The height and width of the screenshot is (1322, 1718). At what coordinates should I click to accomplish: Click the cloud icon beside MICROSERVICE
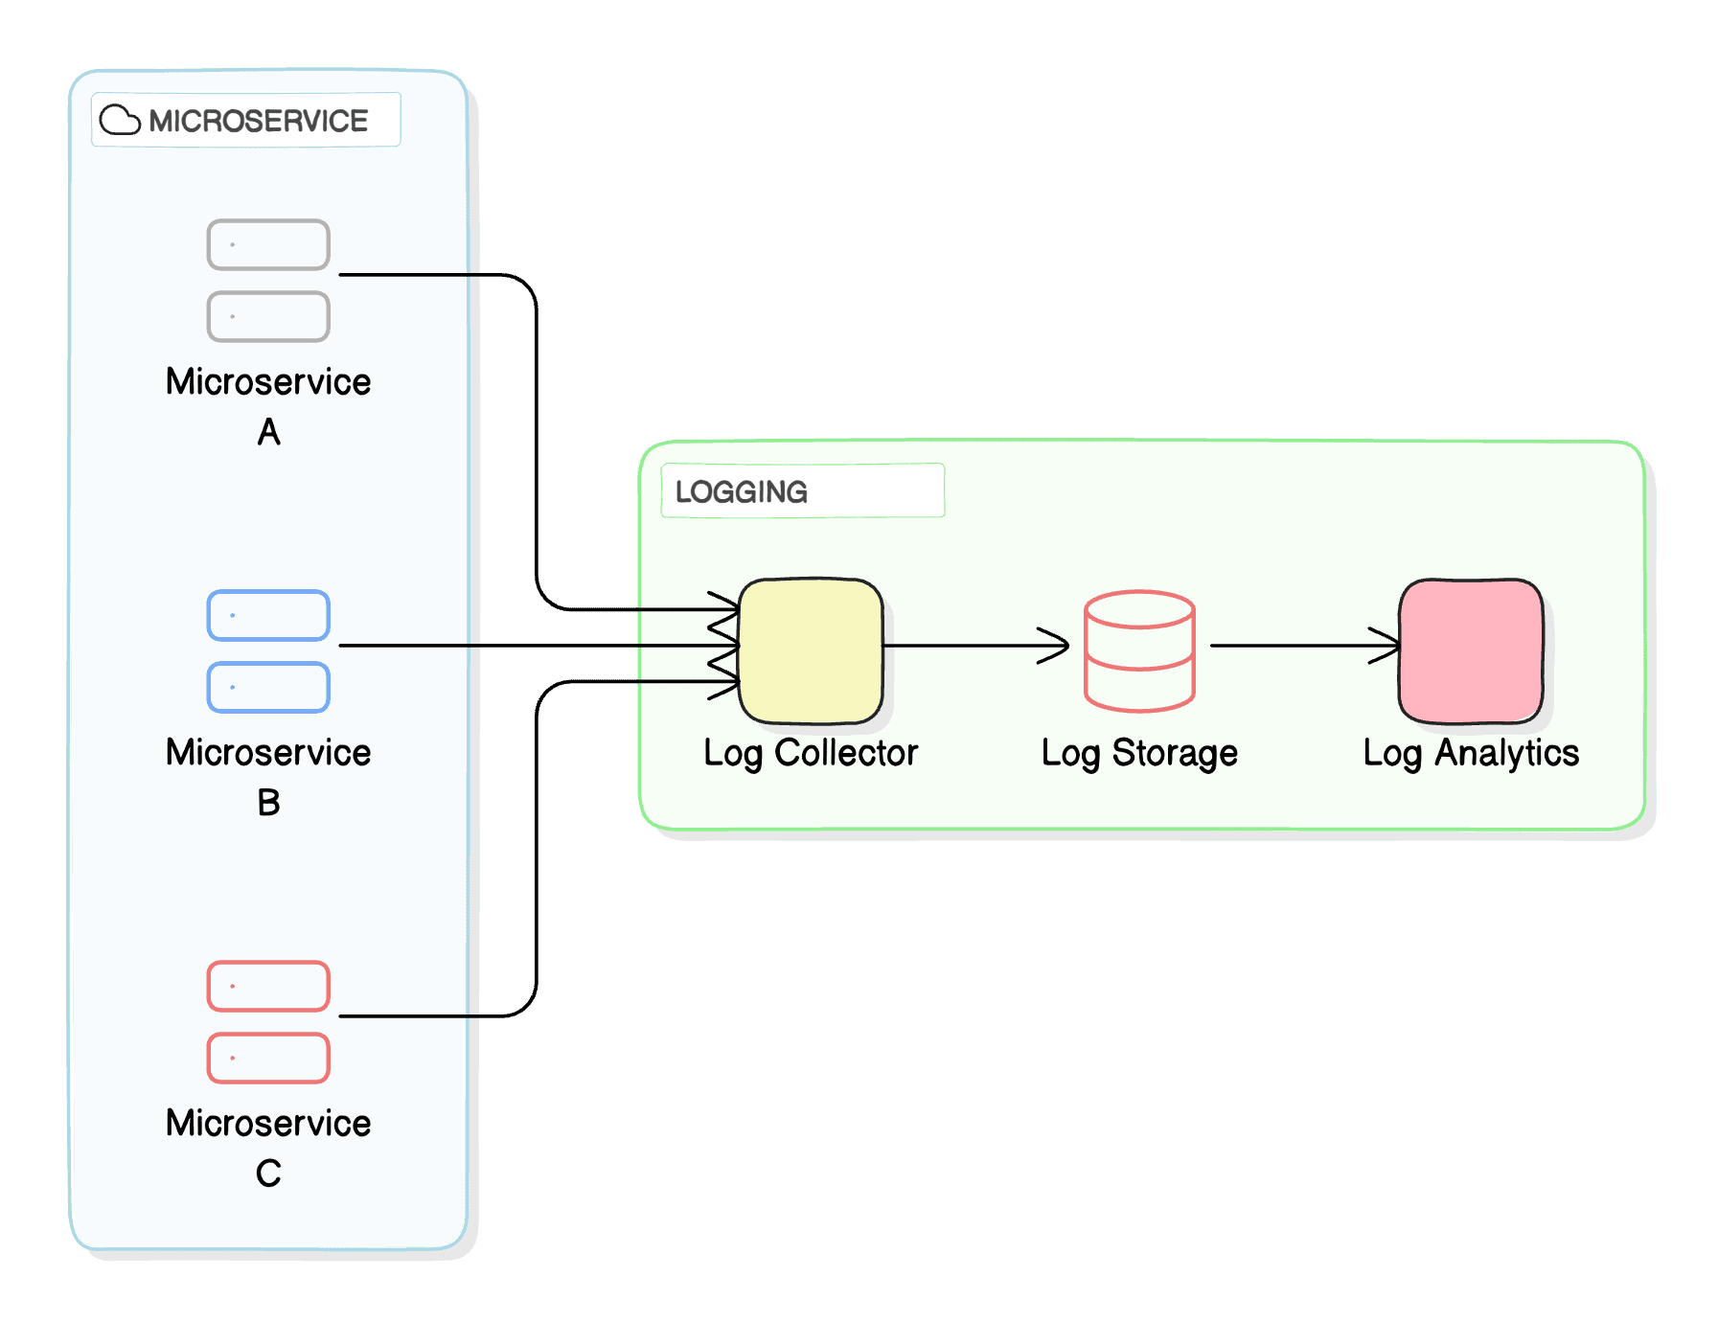120,120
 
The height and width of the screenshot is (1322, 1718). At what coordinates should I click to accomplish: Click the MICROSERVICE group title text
258,121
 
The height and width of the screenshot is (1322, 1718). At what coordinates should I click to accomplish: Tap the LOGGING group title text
741,491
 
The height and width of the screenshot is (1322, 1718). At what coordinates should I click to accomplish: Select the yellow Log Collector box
811,651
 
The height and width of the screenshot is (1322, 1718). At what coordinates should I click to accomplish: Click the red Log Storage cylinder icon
1139,651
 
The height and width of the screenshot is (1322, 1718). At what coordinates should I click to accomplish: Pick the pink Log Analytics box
1471,651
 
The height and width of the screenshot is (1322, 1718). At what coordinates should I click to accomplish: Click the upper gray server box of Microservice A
268,244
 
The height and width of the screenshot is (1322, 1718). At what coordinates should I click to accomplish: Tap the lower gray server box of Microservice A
268,316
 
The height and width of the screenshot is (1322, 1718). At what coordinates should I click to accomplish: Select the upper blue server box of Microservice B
268,615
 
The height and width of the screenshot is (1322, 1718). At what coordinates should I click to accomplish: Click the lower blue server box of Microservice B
268,687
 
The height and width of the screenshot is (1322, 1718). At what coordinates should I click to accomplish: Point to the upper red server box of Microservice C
268,986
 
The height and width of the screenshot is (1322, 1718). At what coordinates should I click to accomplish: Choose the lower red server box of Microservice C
268,1058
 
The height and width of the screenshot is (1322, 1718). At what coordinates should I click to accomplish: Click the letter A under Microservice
268,432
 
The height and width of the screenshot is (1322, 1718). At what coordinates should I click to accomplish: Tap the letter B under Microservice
268,803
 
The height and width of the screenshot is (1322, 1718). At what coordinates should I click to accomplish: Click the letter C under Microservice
268,1174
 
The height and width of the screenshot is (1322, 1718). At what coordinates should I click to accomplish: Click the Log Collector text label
811,753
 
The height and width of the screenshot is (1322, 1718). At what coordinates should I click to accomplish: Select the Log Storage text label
1139,753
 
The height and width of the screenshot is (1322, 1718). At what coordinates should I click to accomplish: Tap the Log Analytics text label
1471,753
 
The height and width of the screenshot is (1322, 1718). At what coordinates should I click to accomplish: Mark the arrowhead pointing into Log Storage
1057,646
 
